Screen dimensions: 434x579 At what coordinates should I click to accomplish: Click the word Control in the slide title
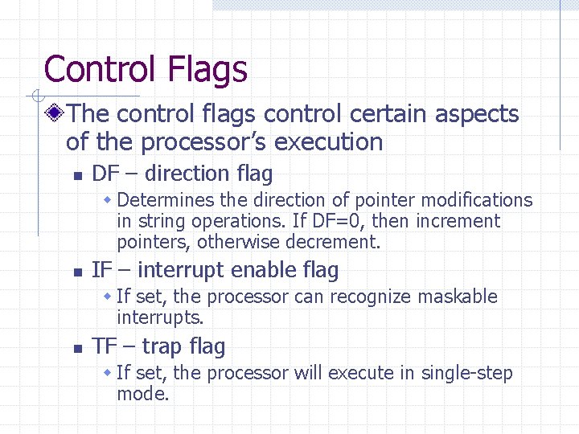pos(101,69)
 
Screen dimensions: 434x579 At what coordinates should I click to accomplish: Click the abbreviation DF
pos(105,174)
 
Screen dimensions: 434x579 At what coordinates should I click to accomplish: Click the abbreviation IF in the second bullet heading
pos(101,270)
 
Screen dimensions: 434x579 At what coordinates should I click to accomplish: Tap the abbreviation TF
pos(104,346)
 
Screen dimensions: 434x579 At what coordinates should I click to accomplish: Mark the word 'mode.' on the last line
pos(143,394)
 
